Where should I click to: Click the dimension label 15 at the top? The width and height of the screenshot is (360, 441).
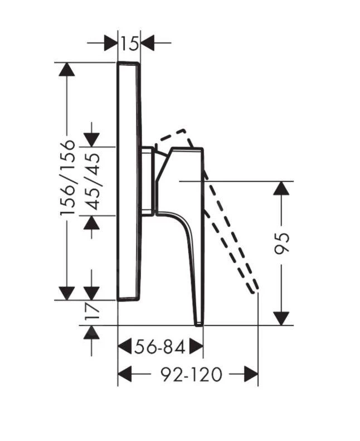pos(130,42)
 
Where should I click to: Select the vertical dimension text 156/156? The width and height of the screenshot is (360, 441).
pos(68,177)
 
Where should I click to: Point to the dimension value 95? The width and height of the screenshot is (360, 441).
pos(283,244)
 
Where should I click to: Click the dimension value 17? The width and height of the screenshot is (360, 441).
pos(93,311)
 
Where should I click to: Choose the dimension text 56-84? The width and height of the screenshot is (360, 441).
pos(159,347)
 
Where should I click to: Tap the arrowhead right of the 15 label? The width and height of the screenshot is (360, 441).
pos(148,42)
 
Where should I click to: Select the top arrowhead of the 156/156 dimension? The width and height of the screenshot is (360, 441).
pos(67,69)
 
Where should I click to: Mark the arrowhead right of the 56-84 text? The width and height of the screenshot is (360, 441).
pos(196,347)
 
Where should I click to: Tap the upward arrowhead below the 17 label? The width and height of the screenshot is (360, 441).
pos(92,333)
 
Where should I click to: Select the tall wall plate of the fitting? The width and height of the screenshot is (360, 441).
pos(129,181)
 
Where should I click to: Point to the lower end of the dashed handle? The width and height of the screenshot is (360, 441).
pos(255,288)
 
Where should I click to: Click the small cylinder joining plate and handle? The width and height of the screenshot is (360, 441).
pos(148,181)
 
